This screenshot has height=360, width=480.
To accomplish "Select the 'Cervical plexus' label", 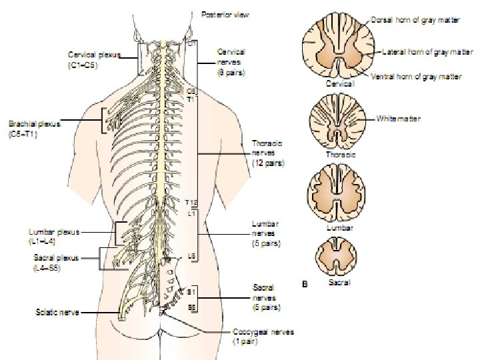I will pyautogui.click(x=94, y=60).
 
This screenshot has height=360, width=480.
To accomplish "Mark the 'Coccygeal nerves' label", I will pyautogui.click(x=263, y=336).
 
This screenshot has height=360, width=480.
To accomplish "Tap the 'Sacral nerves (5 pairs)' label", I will pyautogui.click(x=267, y=297).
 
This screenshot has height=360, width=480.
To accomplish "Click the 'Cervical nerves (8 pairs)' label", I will pyautogui.click(x=231, y=62).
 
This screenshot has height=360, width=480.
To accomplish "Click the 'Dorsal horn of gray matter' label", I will pyautogui.click(x=416, y=21).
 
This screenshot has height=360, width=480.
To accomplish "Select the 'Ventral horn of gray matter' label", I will pyautogui.click(x=417, y=77).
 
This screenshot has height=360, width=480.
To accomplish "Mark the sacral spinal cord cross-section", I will pyautogui.click(x=339, y=259).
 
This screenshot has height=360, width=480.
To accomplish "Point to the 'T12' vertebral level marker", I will pyautogui.click(x=192, y=202).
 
